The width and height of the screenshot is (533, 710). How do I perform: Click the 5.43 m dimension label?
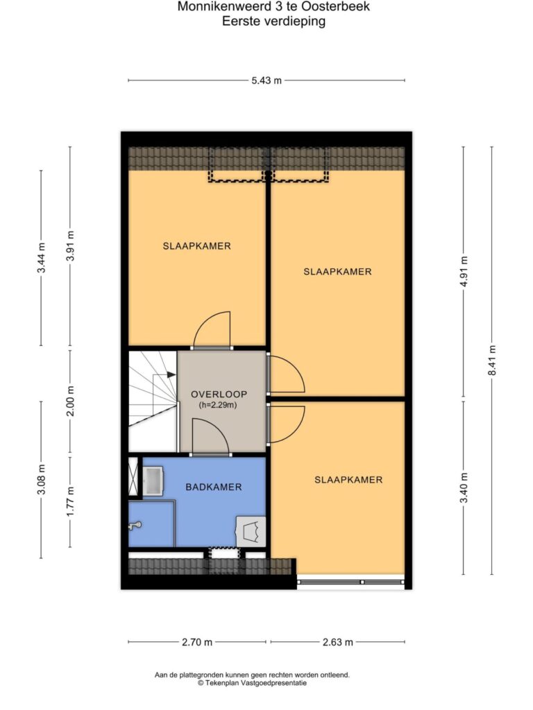tap(266, 80)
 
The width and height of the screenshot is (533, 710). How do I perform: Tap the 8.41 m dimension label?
tap(492, 360)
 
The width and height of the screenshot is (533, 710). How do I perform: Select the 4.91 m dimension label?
tap(464, 271)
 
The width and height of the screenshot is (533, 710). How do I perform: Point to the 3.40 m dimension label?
tap(464, 487)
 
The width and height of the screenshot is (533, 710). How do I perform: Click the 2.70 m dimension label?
tap(197, 642)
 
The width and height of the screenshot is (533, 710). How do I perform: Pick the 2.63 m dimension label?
tap(338, 642)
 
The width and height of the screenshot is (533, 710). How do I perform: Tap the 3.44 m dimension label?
tap(41, 258)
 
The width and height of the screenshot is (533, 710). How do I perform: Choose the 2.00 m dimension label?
tap(70, 401)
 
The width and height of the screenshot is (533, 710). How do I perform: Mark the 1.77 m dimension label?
tap(70, 501)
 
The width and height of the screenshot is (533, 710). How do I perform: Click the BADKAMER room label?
tap(214, 487)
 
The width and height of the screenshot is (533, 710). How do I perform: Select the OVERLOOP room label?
tap(219, 395)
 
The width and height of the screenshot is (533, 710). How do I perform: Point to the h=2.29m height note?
tap(218, 405)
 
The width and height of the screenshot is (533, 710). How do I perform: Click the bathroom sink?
tap(153, 481)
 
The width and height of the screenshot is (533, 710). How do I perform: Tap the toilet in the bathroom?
tap(251, 531)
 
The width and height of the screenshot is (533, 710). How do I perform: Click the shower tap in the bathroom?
tap(135, 526)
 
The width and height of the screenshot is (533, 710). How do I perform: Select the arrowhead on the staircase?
tap(171, 374)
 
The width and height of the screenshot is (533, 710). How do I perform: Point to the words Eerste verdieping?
tap(273, 21)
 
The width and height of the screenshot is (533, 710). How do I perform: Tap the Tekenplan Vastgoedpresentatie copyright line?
tap(252, 683)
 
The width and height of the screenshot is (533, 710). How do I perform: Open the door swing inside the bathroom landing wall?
tap(211, 435)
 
